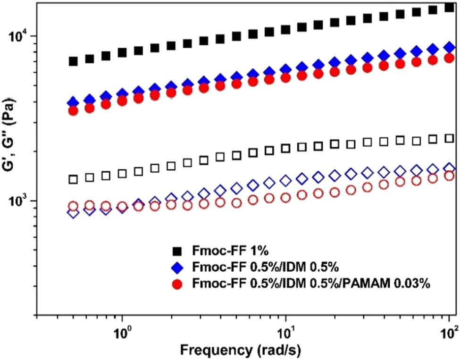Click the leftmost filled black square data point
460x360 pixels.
point(73,61)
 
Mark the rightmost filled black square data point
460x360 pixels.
point(450,8)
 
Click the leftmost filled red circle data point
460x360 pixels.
point(73,110)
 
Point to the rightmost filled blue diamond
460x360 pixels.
point(450,47)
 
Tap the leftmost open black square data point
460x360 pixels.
point(73,179)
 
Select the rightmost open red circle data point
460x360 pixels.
point(450,176)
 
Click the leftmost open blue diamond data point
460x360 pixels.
point(73,213)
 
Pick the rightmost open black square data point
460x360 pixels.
point(450,138)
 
